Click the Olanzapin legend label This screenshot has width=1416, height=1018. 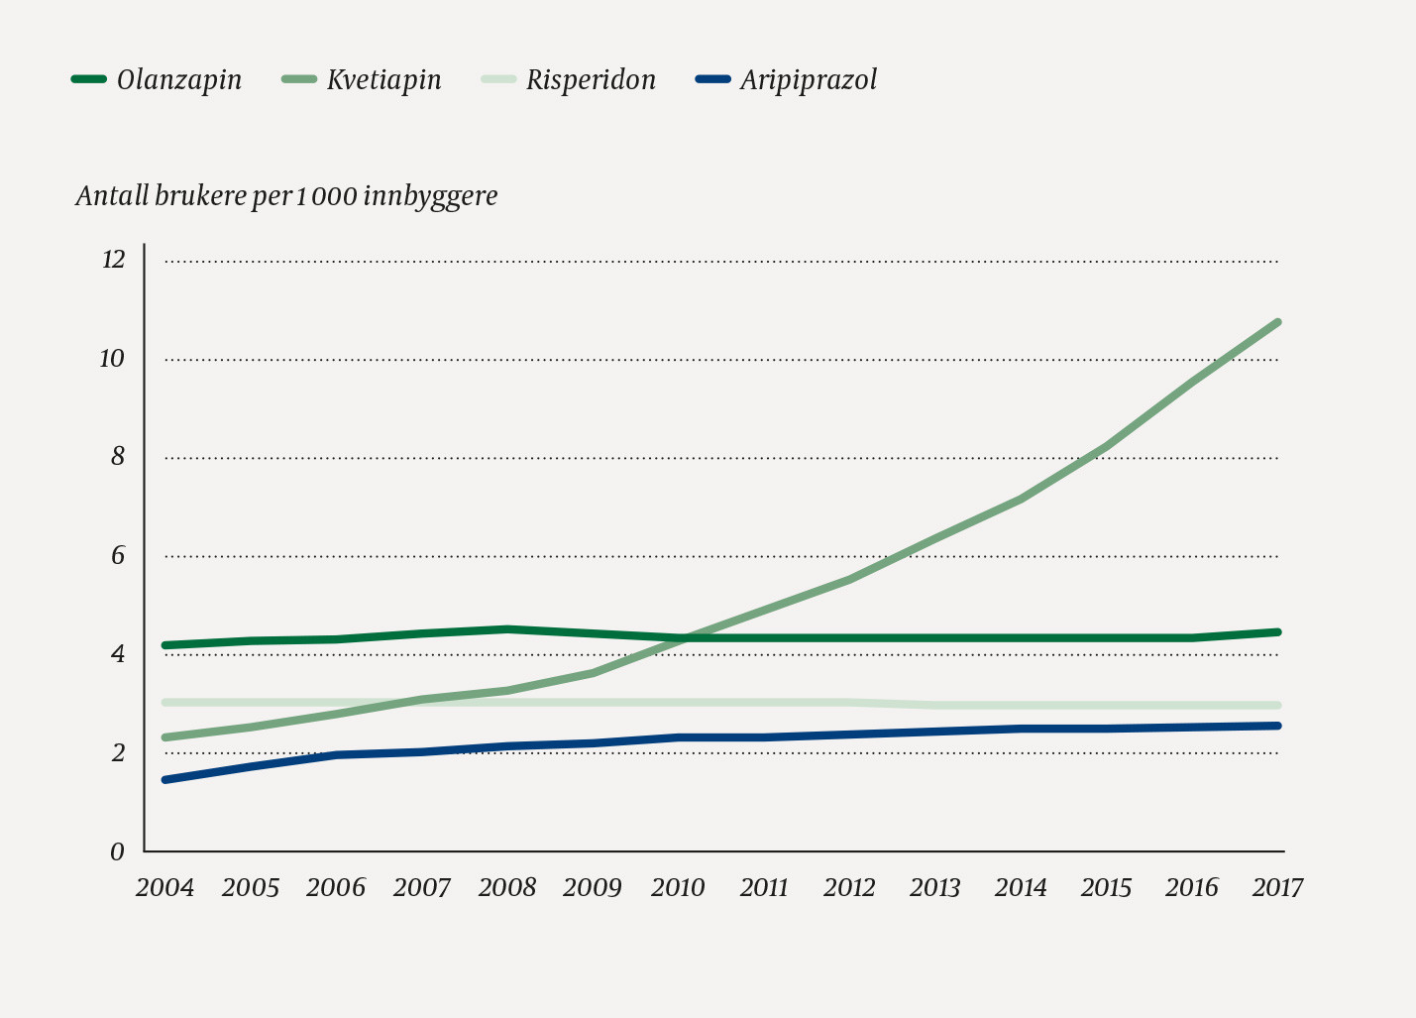point(178,80)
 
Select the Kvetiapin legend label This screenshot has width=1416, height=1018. point(384,80)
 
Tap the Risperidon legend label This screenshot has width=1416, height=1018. point(591,80)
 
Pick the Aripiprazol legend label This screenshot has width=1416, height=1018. point(809,80)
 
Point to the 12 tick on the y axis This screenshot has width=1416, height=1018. point(113,260)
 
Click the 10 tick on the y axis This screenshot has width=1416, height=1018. point(112,359)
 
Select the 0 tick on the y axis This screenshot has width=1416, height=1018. point(118,851)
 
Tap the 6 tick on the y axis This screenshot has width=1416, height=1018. point(118,556)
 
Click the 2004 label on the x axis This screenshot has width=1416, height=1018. point(164,887)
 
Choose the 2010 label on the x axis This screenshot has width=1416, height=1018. point(678,887)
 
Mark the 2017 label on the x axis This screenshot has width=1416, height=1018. point(1277,887)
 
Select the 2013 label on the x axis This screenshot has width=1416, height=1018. point(934,887)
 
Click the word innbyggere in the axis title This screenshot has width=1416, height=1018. point(430,196)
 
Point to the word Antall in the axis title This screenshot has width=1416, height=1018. point(112,196)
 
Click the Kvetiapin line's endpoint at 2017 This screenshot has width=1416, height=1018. point(1277,322)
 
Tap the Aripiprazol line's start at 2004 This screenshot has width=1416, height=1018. point(164,780)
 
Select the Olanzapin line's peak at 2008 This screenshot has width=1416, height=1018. point(507,628)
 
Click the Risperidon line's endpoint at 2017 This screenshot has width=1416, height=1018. point(1277,706)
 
